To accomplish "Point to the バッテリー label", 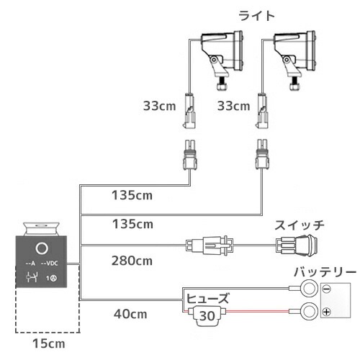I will (x=324, y=272).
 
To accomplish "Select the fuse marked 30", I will (x=207, y=315).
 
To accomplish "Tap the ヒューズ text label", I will (x=207, y=297).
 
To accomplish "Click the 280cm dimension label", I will (x=132, y=259).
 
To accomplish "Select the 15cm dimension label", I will (x=47, y=345).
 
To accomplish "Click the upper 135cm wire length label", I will (x=132, y=194).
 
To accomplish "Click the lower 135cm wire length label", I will (x=132, y=225).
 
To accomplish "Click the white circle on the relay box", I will (x=42, y=250).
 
